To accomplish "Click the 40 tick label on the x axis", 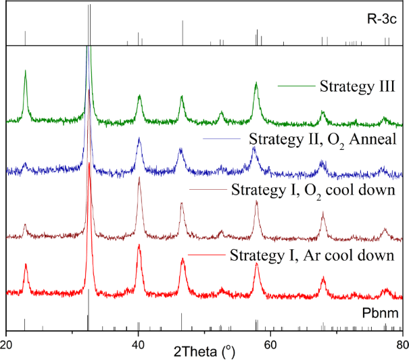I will coord(138,342).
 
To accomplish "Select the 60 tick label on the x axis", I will coord(270,342).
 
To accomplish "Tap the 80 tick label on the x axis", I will coord(402,342).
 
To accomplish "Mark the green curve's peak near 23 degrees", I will coord(25,71).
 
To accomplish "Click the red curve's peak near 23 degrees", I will coord(25,265).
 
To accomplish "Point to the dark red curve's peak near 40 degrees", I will coord(139,178).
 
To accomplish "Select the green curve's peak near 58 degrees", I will coord(256,84).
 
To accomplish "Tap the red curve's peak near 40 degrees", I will coord(139,245).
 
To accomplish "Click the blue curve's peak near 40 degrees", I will coord(139,139).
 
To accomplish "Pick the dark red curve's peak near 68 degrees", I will coord(322,213).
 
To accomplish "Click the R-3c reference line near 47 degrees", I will coord(182,32).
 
